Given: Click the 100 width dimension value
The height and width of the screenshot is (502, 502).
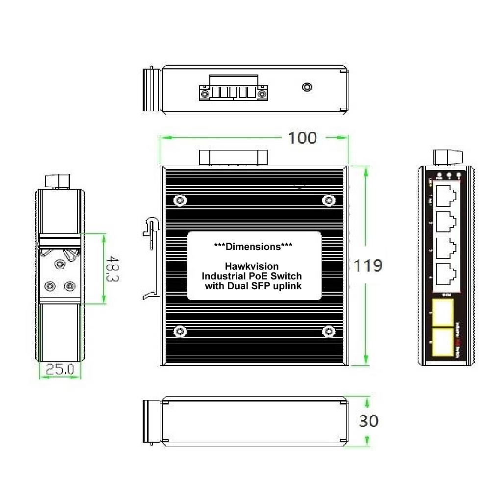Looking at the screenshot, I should click(x=302, y=138).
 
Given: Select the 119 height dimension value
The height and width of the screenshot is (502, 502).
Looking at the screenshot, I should click(x=368, y=266).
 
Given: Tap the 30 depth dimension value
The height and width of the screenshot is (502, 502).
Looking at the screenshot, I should click(x=369, y=421).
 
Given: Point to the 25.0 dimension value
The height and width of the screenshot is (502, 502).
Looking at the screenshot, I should click(x=60, y=369).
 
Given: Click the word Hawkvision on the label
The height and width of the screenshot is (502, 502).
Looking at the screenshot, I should click(x=254, y=266).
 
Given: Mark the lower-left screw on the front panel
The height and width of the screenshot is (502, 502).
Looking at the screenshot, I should click(x=180, y=332).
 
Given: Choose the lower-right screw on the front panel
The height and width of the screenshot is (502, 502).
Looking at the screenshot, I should click(x=328, y=332).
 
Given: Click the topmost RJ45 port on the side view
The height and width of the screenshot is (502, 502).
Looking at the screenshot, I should click(x=445, y=195).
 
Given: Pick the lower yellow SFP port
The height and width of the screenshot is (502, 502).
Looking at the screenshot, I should click(x=443, y=342).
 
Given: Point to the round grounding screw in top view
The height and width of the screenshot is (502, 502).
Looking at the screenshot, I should click(x=307, y=87).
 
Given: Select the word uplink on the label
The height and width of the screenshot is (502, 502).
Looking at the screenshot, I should click(x=285, y=285).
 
